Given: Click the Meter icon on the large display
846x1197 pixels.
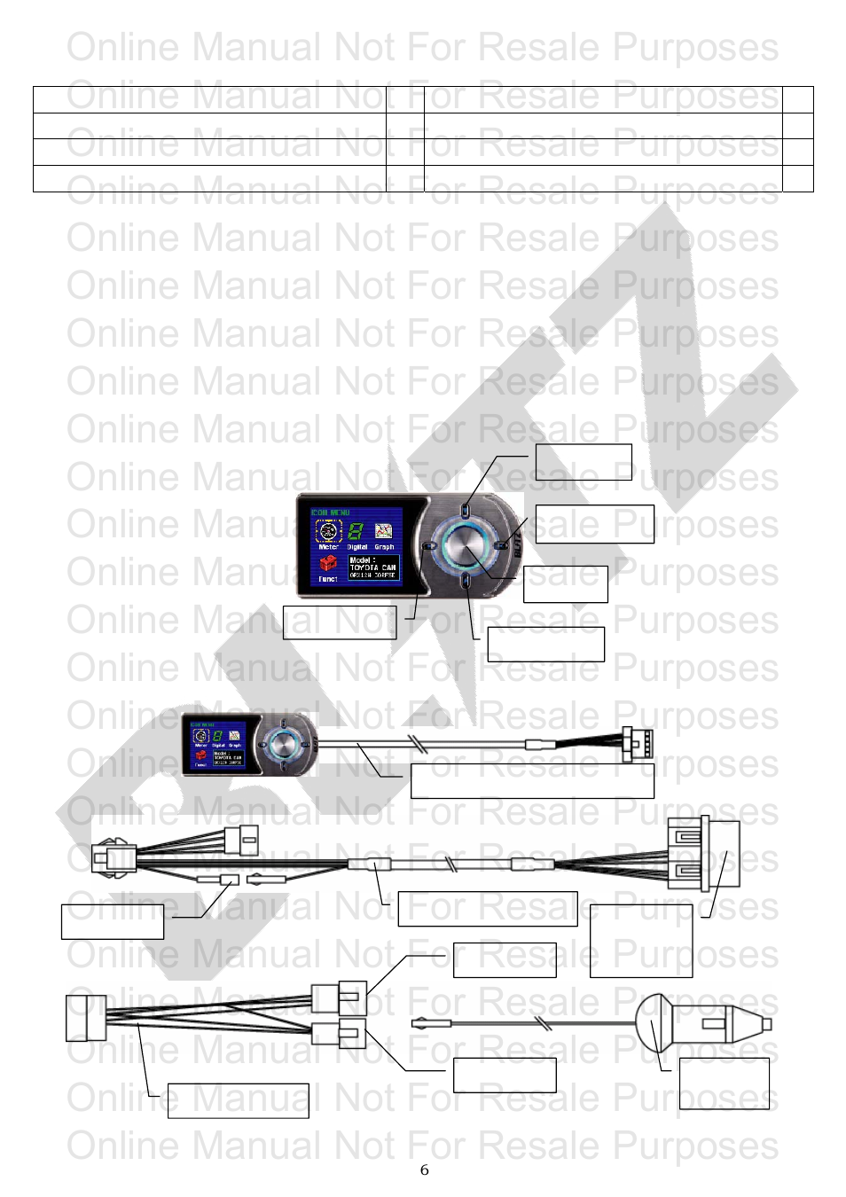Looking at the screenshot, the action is [x=328, y=532].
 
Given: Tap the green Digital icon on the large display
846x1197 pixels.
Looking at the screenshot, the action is [x=356, y=532].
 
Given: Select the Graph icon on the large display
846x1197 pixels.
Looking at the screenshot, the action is [x=384, y=531].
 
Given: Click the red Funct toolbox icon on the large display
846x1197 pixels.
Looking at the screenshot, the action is [x=328, y=565].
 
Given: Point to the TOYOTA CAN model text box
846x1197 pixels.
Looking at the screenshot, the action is [x=372, y=567].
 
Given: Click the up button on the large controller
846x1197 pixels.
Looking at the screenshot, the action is [x=466, y=510].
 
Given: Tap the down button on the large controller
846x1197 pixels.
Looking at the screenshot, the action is [x=466, y=581].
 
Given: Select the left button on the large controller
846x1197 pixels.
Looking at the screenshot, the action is [x=428, y=546].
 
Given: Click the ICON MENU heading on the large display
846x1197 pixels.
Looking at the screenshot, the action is [x=331, y=512].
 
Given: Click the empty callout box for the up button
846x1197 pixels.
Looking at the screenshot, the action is [x=584, y=462].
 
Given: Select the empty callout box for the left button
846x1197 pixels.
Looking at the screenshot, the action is [x=339, y=622].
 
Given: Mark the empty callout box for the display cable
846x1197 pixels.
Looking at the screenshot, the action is [x=532, y=780].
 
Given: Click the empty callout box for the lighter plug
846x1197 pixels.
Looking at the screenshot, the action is [x=724, y=1084].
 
